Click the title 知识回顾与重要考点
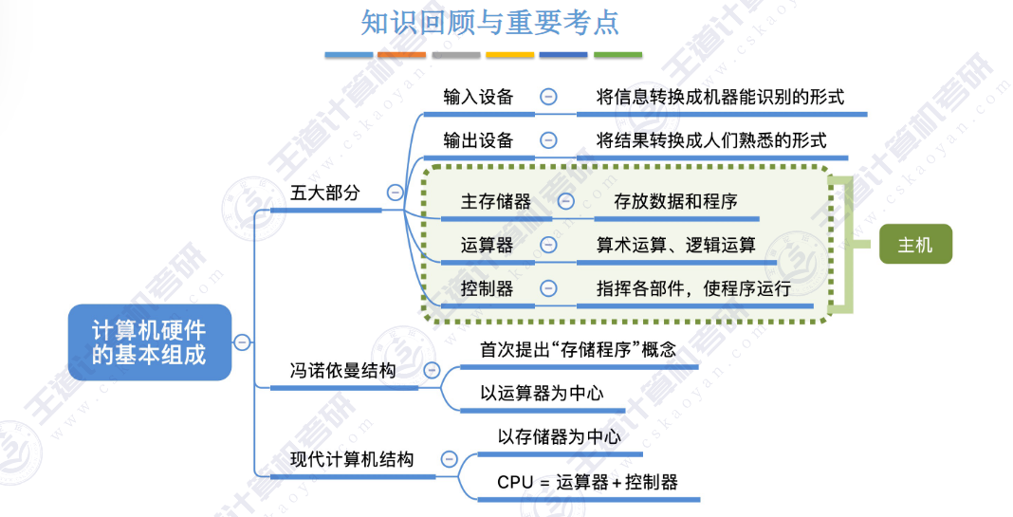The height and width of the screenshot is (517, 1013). click(x=489, y=24)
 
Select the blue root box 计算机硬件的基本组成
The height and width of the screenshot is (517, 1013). click(x=150, y=342)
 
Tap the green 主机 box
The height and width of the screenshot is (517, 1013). click(x=915, y=245)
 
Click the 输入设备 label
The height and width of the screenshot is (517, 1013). click(x=478, y=97)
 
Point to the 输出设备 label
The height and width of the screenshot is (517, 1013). click(x=478, y=140)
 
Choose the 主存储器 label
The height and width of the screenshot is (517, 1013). click(x=495, y=202)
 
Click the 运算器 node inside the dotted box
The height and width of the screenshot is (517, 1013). click(x=488, y=245)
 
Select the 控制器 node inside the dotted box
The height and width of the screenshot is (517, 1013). click(x=488, y=288)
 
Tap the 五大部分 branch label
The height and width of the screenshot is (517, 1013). click(x=325, y=193)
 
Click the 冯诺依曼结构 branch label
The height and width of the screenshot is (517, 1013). click(x=342, y=370)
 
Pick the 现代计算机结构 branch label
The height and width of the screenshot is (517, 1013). click(x=352, y=459)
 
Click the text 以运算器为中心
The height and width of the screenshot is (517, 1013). click(x=542, y=393)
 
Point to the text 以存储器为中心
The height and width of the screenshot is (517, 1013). click(x=559, y=437)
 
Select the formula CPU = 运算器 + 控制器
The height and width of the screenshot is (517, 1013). click(x=587, y=482)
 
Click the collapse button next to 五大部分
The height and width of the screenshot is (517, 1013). click(x=395, y=193)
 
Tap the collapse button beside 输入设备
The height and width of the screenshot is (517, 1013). click(x=548, y=97)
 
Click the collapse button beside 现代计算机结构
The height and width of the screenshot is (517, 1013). click(x=449, y=459)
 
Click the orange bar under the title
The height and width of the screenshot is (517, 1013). click(x=402, y=55)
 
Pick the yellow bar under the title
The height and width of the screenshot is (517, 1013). click(x=509, y=55)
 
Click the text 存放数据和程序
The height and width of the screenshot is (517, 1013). click(x=675, y=202)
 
